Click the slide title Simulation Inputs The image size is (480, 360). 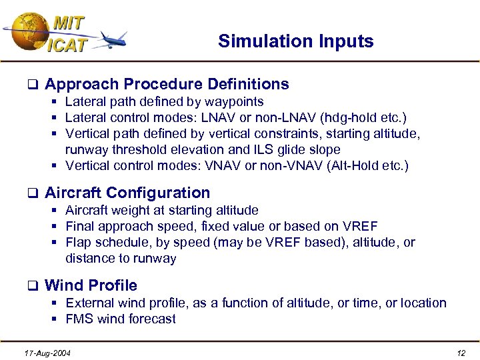click(x=295, y=41)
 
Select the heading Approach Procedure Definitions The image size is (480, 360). click(x=167, y=84)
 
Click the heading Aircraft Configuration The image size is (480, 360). click(x=127, y=193)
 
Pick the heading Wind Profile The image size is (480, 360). click(x=91, y=285)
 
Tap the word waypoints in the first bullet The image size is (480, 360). click(x=235, y=102)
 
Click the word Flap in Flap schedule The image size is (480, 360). click(x=78, y=243)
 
